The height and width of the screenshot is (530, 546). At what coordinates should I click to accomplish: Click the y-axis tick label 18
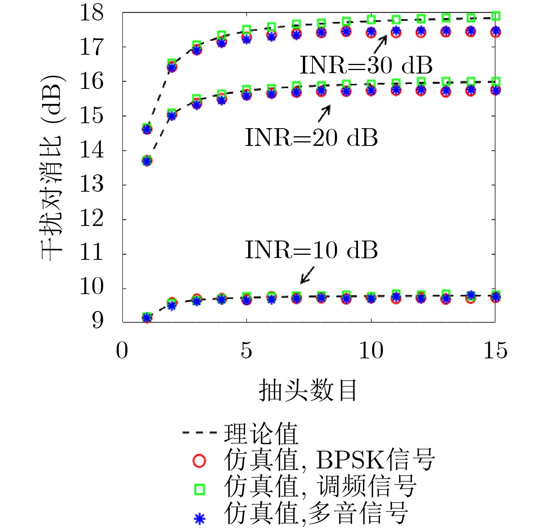click(x=92, y=13)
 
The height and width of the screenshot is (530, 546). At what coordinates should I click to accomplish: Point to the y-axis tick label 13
click(x=92, y=185)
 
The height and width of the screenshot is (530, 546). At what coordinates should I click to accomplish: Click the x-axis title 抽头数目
click(x=308, y=390)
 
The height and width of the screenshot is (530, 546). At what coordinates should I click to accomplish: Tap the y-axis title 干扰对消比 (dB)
click(x=52, y=168)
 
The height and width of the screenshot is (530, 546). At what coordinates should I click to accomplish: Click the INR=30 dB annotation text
click(x=366, y=65)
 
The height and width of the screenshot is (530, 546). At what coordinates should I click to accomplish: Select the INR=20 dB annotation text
click(x=311, y=138)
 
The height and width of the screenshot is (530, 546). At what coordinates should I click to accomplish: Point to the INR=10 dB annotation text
click(x=311, y=250)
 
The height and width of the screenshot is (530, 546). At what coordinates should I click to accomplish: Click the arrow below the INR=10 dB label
click(x=307, y=276)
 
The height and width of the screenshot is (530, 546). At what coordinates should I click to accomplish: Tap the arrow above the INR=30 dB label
click(x=380, y=44)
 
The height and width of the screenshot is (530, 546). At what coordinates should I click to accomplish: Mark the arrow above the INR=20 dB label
click(x=324, y=114)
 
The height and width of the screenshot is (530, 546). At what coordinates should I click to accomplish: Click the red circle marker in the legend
click(x=199, y=461)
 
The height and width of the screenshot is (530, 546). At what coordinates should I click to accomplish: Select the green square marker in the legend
click(x=199, y=489)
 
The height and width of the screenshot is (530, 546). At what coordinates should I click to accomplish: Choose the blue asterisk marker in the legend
click(x=199, y=519)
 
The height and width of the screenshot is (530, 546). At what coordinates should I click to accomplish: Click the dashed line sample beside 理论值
click(x=200, y=433)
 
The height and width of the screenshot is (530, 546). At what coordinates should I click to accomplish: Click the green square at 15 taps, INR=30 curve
click(x=496, y=16)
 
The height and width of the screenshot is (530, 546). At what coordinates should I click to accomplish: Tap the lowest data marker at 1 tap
click(x=147, y=318)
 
